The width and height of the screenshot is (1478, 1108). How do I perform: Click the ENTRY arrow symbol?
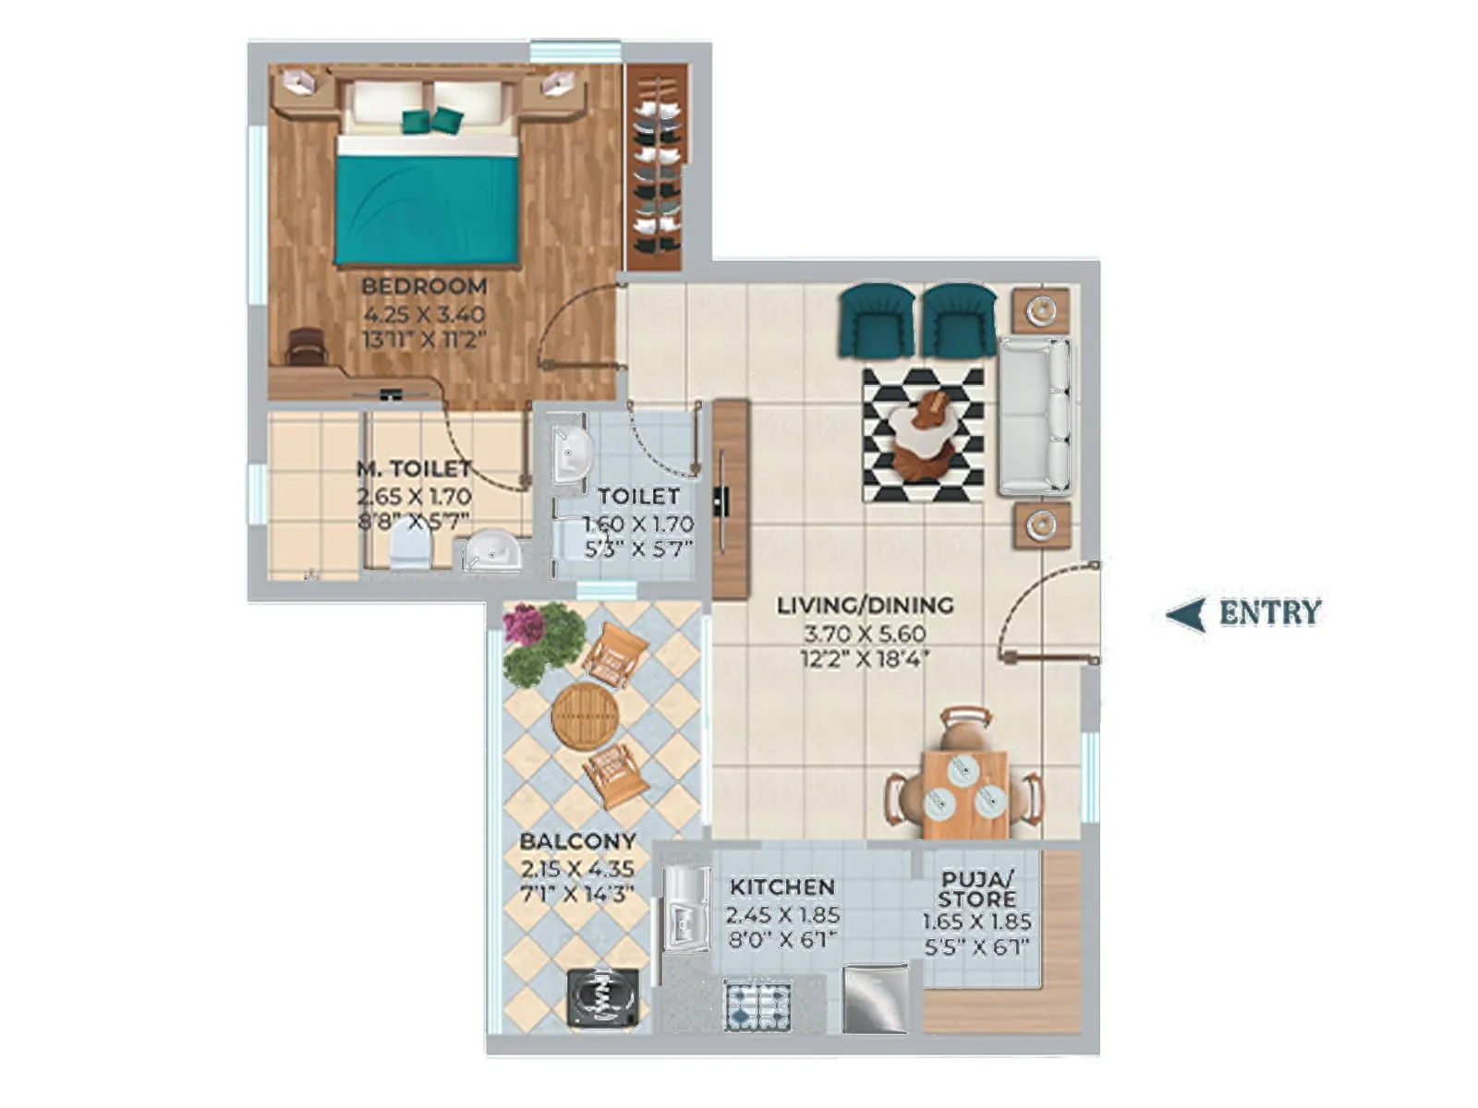tap(1186, 613)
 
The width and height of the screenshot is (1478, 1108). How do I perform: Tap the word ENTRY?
tap(1270, 613)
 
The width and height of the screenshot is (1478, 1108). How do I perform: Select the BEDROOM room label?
tap(424, 286)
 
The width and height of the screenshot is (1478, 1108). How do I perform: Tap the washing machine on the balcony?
tap(602, 996)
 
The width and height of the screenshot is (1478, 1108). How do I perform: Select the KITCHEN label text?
tap(781, 887)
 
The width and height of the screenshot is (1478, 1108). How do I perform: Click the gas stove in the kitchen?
tap(757, 1006)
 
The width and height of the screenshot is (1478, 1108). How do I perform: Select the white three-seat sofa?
tap(1035, 415)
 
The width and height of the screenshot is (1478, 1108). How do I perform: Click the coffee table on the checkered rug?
tap(924, 434)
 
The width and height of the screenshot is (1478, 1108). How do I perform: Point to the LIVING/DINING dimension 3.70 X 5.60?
tap(865, 634)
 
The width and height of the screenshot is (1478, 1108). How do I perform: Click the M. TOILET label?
tap(414, 469)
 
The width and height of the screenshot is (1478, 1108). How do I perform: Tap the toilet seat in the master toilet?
tap(409, 550)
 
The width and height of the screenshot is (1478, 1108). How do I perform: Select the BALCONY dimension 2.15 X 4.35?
tap(576, 869)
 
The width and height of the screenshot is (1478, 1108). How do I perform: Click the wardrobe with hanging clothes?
tap(657, 166)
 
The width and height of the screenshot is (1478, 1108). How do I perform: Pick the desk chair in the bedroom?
tap(307, 348)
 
